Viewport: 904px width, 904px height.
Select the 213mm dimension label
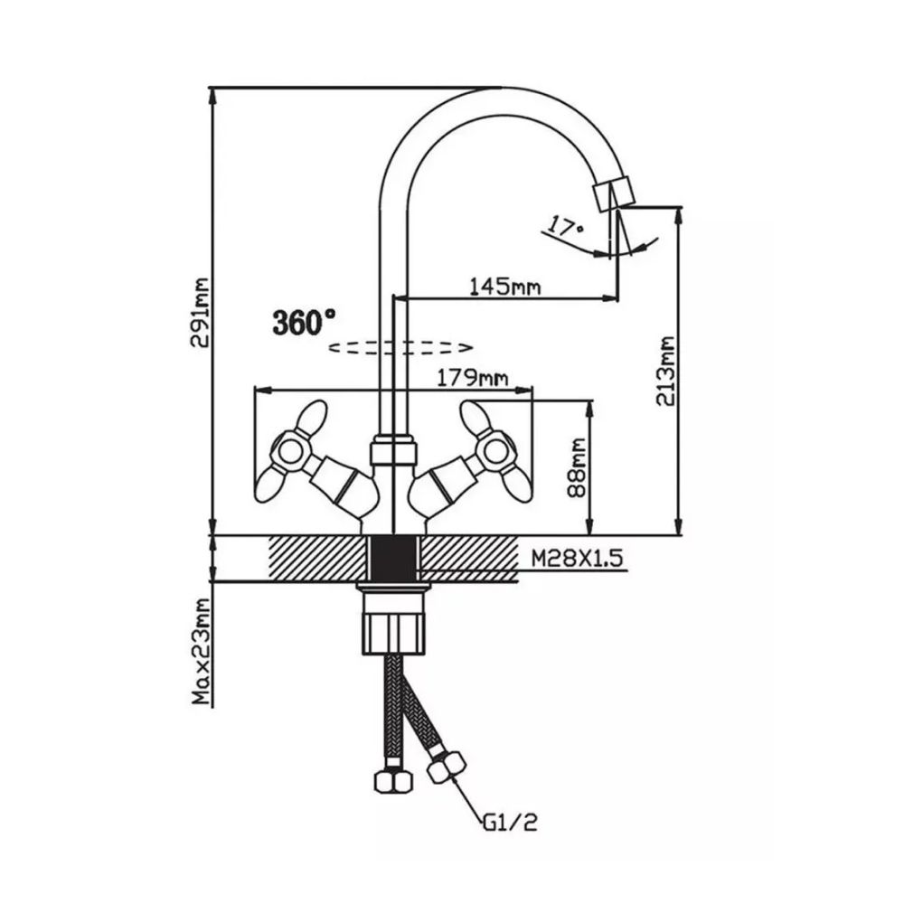coord(667,372)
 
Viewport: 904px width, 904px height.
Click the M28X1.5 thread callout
coord(578,559)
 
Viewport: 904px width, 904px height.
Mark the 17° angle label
coord(567,227)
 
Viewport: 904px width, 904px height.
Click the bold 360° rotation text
coord(304,321)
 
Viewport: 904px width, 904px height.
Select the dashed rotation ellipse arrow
coord(400,347)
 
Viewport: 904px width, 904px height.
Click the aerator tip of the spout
coord(613,193)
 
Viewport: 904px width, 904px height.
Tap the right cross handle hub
coord(495,447)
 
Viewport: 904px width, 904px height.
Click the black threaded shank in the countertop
coord(392,558)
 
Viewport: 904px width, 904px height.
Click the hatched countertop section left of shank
coord(317,554)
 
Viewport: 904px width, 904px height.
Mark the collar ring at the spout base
coord(393,447)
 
